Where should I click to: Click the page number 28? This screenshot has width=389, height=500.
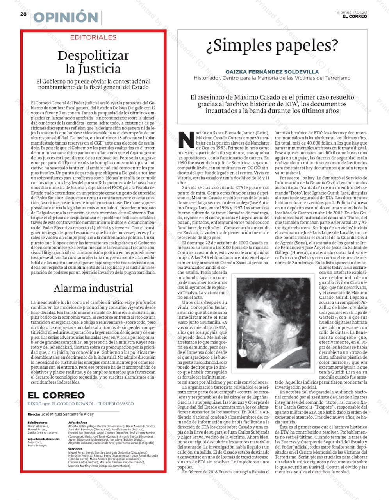23,14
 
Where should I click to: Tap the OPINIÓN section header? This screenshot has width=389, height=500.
66,18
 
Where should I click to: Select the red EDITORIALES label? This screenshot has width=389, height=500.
93,37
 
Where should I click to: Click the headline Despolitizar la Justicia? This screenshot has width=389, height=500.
93,62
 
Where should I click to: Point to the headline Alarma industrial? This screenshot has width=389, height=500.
93,288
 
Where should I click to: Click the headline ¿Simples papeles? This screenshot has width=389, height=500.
272,46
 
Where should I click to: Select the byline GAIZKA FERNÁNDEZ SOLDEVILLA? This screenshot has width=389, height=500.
272,72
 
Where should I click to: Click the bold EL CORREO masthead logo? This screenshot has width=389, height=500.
56,395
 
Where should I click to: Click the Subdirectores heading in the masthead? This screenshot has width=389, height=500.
37,423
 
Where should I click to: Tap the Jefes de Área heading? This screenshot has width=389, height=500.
77,423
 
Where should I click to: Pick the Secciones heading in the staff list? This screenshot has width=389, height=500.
75,449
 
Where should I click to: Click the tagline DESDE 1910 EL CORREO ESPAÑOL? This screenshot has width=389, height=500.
80,404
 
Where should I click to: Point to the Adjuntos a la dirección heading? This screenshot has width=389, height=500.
44,439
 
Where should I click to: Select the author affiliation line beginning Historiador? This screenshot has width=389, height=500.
272,78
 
